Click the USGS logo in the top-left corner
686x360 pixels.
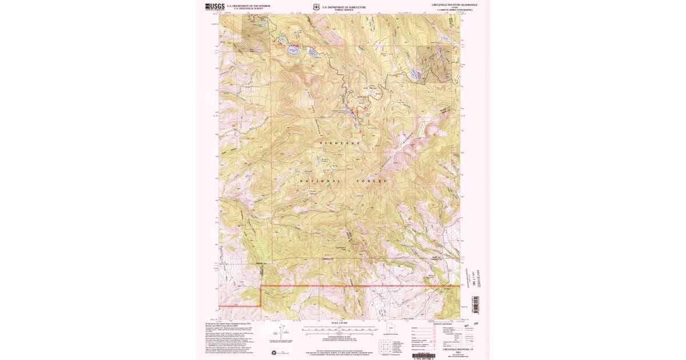pos(215,7)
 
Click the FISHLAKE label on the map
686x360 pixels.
pos(340,142)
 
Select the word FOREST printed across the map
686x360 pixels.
pos(372,181)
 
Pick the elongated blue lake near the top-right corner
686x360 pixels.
pos(413,73)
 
